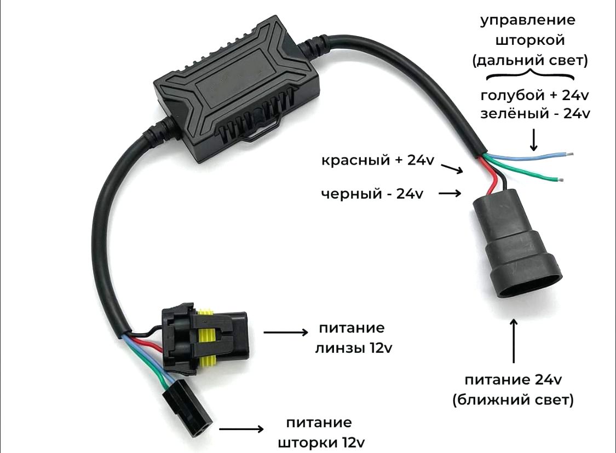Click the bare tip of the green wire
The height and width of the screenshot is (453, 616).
pos(559,181)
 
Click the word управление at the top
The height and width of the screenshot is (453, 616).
pos(528,21)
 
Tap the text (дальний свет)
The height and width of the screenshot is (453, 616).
pos(530,60)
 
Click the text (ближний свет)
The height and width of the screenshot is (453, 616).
pos(513,400)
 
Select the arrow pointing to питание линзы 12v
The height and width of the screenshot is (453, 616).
pos(286,333)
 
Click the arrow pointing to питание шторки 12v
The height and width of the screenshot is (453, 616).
pos(241,429)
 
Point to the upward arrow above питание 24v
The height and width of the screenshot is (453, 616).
pos(514,341)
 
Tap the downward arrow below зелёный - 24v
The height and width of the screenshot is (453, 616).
pos(533,140)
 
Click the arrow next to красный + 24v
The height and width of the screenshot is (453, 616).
pos(452,169)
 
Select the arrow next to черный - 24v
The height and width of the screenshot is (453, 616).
pos(450,193)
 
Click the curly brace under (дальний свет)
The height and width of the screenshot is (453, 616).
pos(531,74)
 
